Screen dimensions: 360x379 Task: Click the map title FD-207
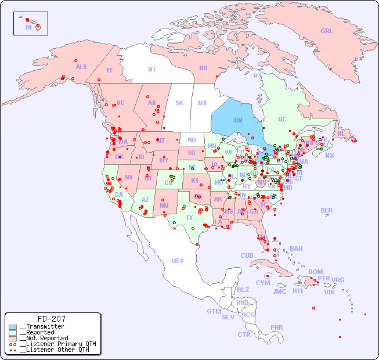click(x=51, y=319)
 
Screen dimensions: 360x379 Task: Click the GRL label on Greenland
click(x=327, y=31)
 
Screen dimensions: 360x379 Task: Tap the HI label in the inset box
click(x=28, y=27)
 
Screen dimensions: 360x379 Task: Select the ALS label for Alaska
click(x=81, y=67)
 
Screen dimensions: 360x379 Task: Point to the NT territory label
click(x=152, y=69)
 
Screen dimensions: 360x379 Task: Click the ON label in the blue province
click(x=238, y=120)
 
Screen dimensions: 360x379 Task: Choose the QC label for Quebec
click(x=282, y=119)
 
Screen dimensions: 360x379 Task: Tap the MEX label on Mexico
click(x=178, y=261)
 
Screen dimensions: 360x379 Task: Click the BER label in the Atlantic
click(x=327, y=210)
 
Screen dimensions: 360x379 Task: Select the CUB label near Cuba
click(x=247, y=255)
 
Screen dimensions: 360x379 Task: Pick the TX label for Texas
click(x=189, y=218)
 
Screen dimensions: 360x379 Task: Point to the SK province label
click(x=179, y=103)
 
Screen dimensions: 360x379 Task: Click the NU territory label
click(x=203, y=68)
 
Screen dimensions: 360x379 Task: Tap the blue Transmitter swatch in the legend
click(x=13, y=327)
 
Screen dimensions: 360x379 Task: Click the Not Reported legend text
click(x=45, y=338)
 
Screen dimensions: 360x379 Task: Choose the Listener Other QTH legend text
click(x=55, y=350)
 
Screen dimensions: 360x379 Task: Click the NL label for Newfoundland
click(x=341, y=133)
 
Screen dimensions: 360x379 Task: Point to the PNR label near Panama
click(x=277, y=327)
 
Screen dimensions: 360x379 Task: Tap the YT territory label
click(x=109, y=70)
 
